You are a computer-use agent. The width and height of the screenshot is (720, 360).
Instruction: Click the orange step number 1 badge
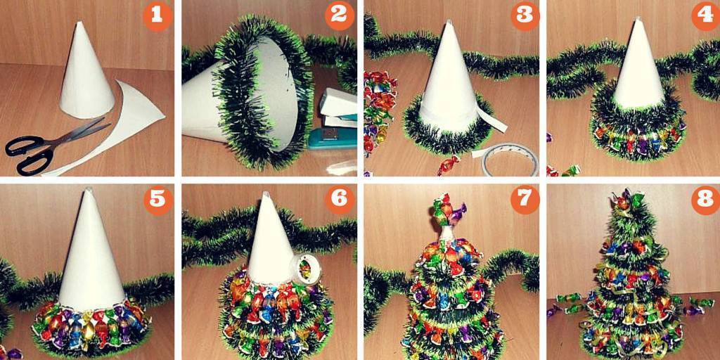pos(157,16)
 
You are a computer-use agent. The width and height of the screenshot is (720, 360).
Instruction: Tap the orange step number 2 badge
pos(340,16)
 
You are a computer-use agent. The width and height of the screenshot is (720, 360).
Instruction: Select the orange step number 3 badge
pos(525,16)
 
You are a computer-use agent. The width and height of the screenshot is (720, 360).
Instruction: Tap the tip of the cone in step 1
pos(79,22)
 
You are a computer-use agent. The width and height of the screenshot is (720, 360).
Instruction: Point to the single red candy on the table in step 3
pos(448,165)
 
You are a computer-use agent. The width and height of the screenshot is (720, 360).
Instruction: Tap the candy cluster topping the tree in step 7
pos(449,211)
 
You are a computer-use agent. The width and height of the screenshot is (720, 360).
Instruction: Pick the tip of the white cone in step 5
pos(88,189)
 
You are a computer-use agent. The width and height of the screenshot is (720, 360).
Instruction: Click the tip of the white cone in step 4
pos(637,19)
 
